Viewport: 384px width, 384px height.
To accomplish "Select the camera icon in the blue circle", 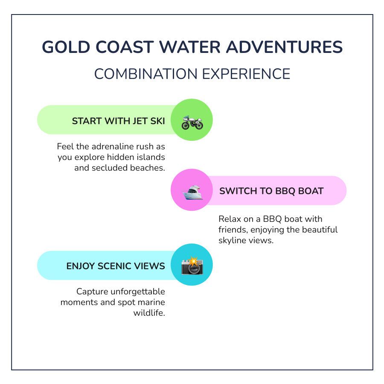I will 192,266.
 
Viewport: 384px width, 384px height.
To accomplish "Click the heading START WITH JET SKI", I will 118,121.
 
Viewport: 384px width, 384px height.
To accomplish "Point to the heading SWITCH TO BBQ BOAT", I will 271,191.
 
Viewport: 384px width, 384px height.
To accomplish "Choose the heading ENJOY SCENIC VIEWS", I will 116,266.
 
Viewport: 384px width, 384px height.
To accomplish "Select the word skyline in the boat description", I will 233,241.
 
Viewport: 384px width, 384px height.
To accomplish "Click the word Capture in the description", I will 92,292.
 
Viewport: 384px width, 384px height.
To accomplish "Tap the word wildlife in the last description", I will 149,313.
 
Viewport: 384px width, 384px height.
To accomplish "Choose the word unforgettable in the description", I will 138,292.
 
